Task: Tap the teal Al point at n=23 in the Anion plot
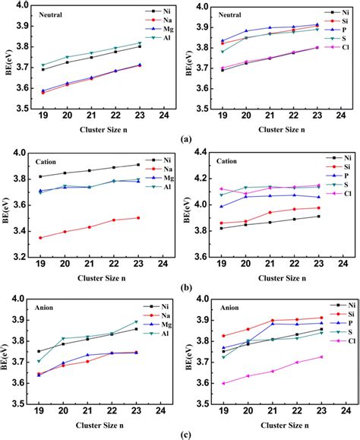click(x=137, y=321)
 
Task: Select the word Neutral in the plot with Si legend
click(x=229, y=14)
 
